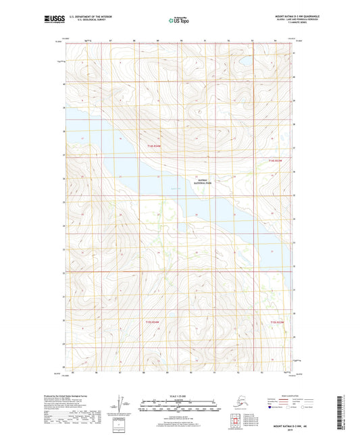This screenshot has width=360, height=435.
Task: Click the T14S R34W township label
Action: tap(155, 147)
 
